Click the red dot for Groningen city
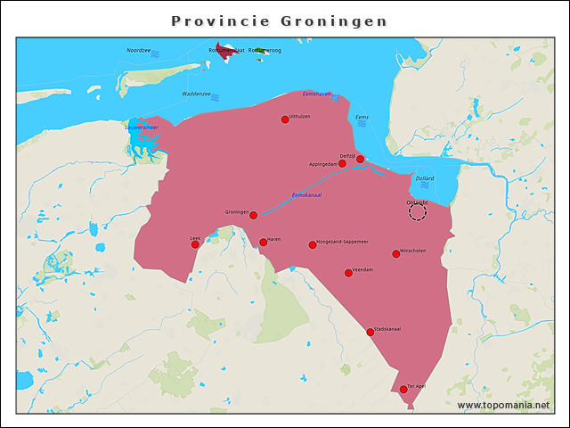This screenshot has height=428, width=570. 254,215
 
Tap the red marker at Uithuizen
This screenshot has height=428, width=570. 285,119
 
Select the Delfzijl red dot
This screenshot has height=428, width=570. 360,160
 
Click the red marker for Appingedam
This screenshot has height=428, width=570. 342,164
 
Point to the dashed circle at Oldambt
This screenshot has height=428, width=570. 418,211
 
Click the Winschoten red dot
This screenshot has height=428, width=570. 396,254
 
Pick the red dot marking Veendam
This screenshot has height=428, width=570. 348,273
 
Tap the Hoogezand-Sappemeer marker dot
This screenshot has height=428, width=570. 313,244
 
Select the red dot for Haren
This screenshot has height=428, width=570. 263,242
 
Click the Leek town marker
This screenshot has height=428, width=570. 196,244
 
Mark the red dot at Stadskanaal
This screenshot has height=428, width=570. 370,333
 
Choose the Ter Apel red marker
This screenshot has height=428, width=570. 403,390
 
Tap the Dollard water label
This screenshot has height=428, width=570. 425,178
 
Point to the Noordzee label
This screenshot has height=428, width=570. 139,51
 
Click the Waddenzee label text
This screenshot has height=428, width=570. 196,94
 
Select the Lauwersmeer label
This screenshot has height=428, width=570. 141,128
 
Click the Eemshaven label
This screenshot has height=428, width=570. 317,94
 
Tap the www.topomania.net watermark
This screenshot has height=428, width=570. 503,405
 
